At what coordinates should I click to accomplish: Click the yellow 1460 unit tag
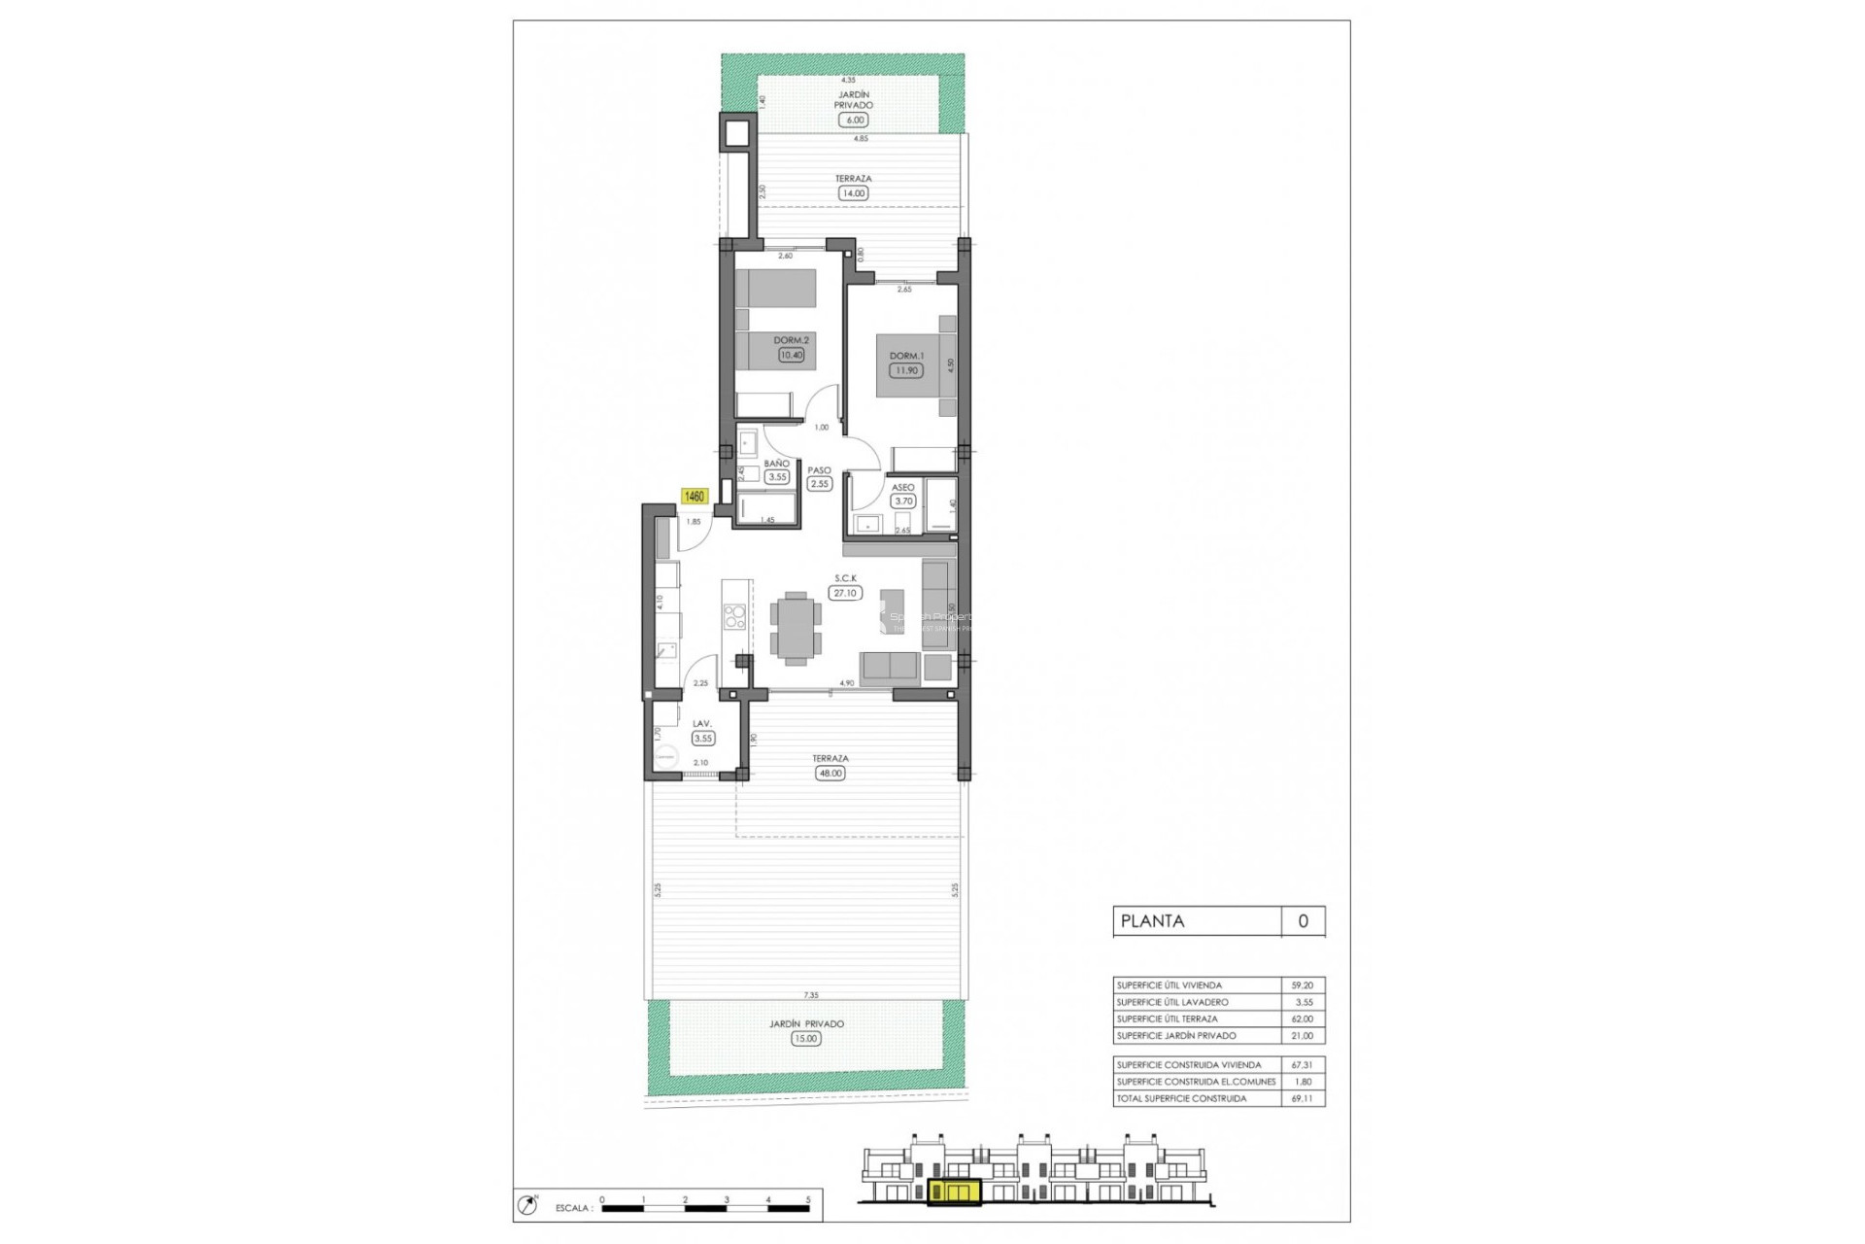point(695,497)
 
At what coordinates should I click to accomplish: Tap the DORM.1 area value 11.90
point(905,370)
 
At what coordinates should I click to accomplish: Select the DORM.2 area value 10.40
point(791,355)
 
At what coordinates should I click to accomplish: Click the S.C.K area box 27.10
point(845,593)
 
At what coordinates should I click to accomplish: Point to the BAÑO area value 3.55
point(777,477)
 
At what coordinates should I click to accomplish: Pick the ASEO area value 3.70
point(903,501)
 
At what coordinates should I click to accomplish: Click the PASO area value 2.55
point(820,484)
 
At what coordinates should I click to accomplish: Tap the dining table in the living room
point(796,628)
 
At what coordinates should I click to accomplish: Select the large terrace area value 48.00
point(831,774)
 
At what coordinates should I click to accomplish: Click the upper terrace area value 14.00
point(854,193)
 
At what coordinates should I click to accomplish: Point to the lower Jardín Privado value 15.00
point(805,1039)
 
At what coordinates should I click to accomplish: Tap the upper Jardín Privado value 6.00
point(854,121)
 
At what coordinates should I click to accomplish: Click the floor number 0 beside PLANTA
point(1303,921)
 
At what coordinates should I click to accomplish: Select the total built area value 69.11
point(1303,1098)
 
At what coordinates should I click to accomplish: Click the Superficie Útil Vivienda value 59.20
point(1303,985)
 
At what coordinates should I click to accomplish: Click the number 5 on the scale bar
point(808,1200)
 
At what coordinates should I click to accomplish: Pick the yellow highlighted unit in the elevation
point(953,1192)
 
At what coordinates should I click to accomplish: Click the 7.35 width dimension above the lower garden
point(811,995)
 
